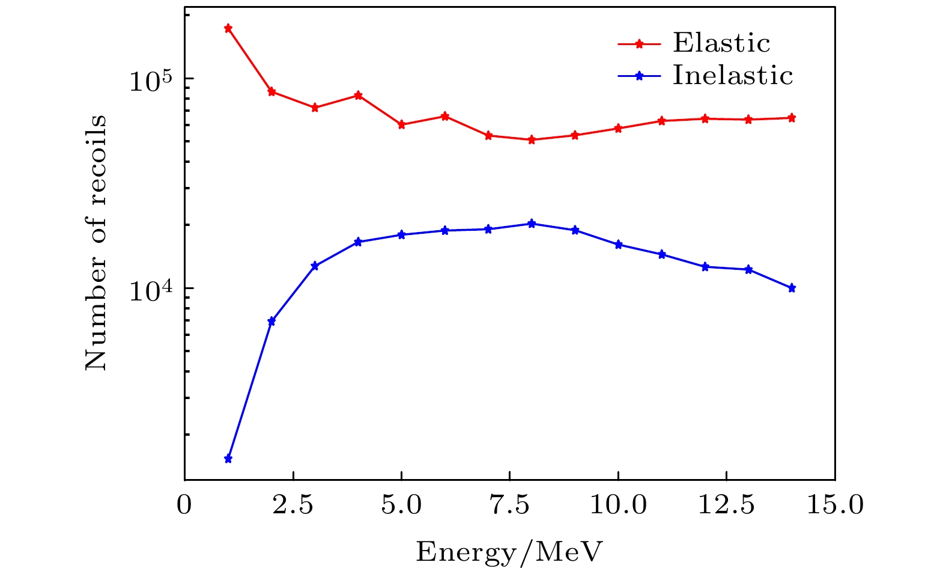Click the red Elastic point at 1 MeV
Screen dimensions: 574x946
pos(228,28)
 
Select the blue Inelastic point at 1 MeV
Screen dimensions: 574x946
pos(228,459)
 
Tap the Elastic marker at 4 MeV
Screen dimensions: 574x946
pos(358,95)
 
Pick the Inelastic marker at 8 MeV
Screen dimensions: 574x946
pos(532,224)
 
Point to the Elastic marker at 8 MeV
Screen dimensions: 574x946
pos(532,139)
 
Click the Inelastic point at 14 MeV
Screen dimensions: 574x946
pos(792,288)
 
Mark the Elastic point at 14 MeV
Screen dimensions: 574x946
pos(792,118)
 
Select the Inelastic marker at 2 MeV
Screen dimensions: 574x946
pos(271,321)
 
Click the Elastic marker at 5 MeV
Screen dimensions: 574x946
pos(402,124)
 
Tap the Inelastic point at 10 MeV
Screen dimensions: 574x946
pos(618,245)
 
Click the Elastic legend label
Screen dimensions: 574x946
pos(721,43)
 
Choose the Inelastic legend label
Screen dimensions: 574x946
pos(733,76)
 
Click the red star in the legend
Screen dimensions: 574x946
pos(640,43)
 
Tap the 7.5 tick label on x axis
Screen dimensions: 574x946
pos(509,505)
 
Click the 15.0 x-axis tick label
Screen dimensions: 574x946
pos(835,505)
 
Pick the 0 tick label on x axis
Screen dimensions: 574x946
pos(184,505)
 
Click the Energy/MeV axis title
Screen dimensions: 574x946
pos(509,552)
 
